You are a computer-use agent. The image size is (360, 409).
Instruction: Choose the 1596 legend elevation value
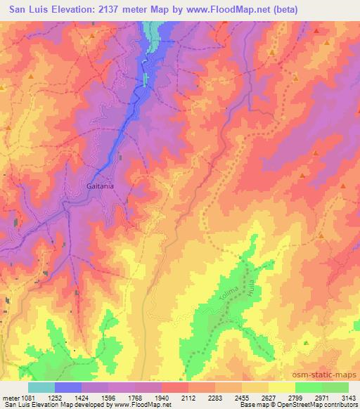point(108,398)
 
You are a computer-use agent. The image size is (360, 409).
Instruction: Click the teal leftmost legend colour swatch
point(41,387)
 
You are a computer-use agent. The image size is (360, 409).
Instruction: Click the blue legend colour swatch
point(68,387)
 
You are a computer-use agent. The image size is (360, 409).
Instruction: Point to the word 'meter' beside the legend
point(12,398)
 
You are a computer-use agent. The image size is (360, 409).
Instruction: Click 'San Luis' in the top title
point(28,10)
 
